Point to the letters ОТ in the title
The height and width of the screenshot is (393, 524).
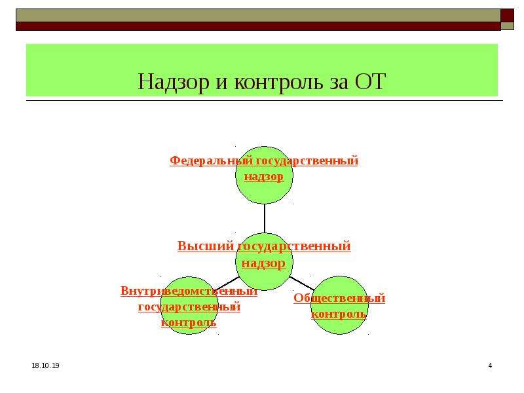click(x=370, y=81)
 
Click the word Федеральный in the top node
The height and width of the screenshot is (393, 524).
click(x=211, y=160)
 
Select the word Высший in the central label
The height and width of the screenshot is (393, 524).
click(x=206, y=246)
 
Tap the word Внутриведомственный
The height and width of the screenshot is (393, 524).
click(x=189, y=291)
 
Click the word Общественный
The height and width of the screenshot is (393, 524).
click(x=339, y=298)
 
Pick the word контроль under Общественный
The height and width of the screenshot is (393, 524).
click(x=339, y=314)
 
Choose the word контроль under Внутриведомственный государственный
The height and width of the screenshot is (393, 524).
click(x=189, y=322)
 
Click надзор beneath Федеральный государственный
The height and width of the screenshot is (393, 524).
click(x=264, y=177)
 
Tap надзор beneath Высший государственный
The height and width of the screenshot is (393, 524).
click(x=264, y=263)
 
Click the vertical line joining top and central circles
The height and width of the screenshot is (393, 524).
click(x=265, y=218)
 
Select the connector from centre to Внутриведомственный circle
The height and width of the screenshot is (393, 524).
click(x=228, y=283)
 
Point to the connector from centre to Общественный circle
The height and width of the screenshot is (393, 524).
click(x=302, y=283)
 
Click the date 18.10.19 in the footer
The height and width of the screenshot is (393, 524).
click(x=45, y=365)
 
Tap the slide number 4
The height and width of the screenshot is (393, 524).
click(x=490, y=365)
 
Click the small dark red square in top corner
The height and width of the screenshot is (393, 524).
click(x=507, y=15)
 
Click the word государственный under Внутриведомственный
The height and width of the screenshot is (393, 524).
click(x=189, y=307)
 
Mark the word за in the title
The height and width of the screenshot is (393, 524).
click(x=339, y=84)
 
